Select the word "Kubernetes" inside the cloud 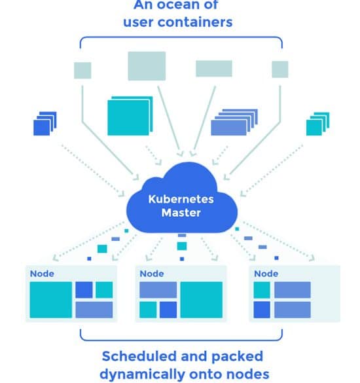181,199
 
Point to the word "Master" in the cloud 181,213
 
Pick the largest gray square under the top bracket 147,65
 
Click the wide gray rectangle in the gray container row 213,68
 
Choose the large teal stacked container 130,116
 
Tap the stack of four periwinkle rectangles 234,122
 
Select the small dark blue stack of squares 45,124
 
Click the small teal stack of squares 317,124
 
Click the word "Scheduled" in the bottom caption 139,356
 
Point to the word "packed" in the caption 237,357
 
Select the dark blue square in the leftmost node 84,290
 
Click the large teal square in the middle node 201,300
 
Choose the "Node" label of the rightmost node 266,274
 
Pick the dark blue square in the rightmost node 262,310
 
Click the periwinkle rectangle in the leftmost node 94,310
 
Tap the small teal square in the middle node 148,310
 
